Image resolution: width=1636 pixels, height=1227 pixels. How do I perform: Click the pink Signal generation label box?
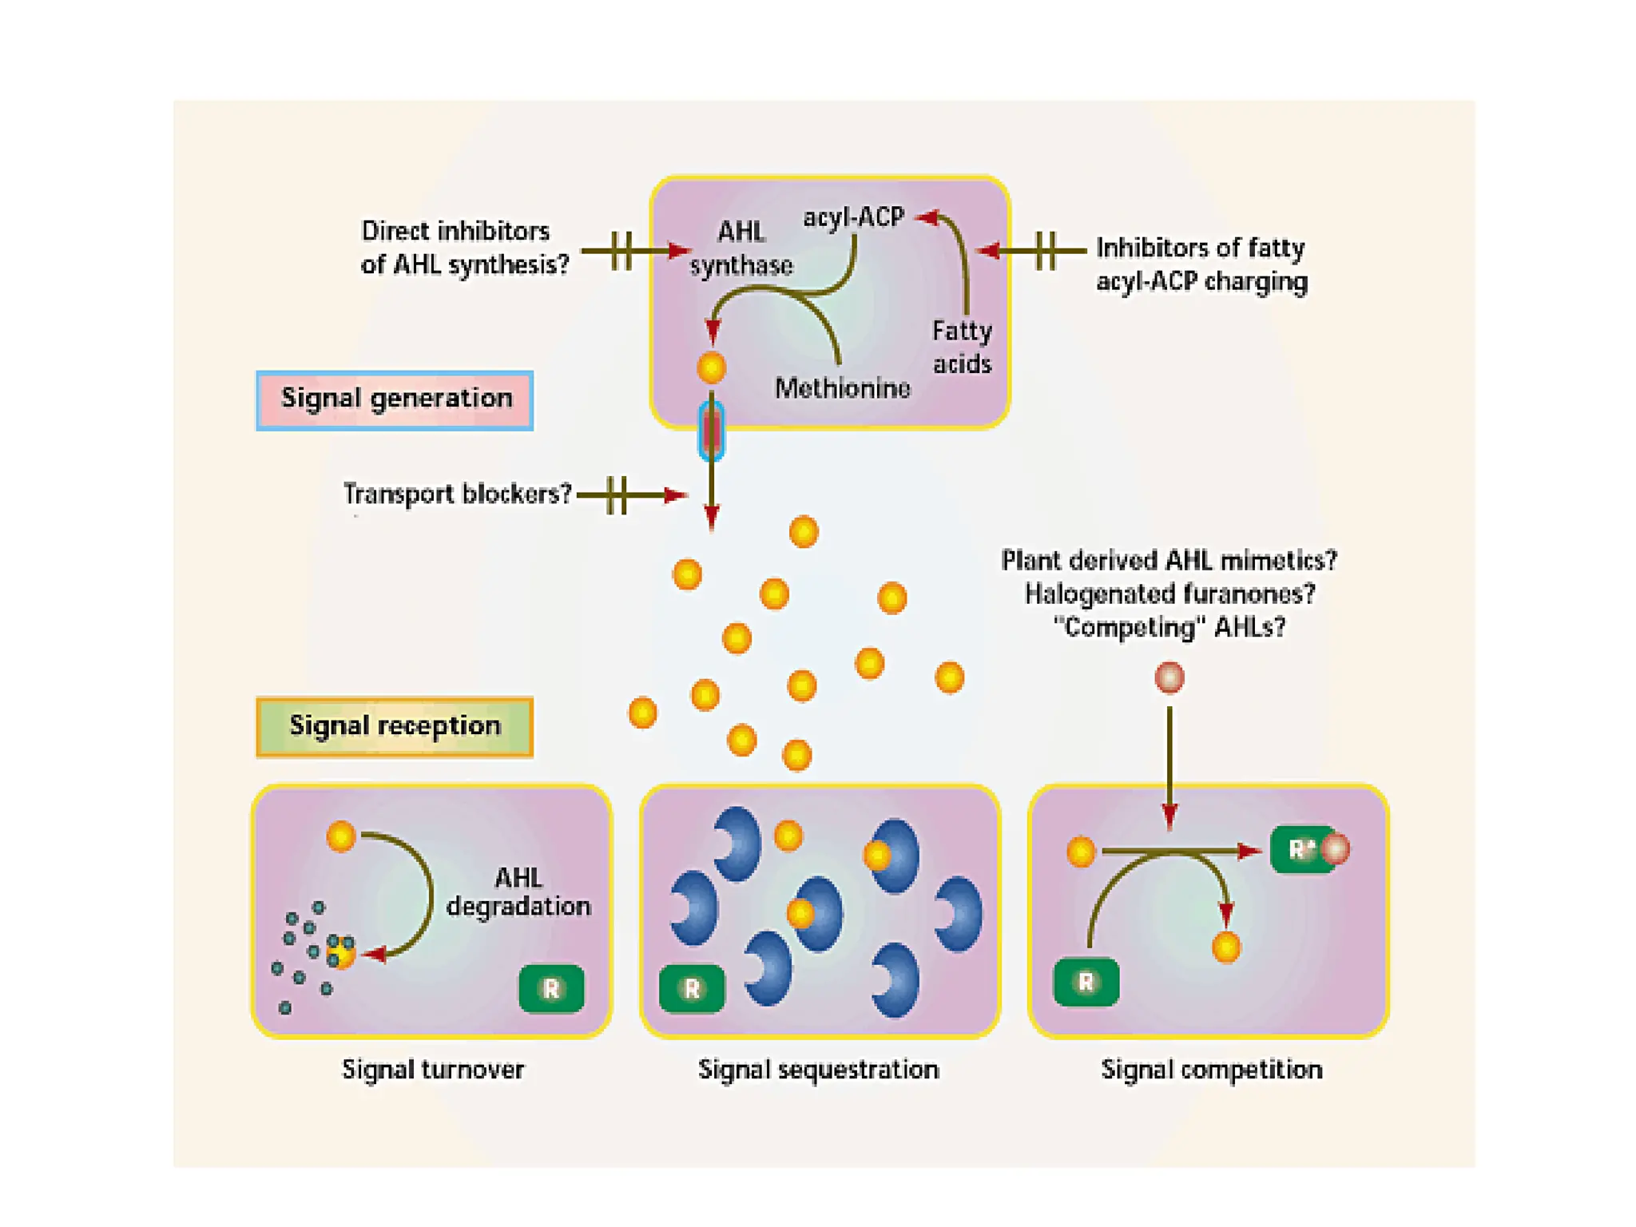click(x=395, y=400)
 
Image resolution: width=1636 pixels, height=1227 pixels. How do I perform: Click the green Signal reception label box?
click(x=395, y=726)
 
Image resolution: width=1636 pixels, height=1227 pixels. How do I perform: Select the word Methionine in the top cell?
click(x=842, y=388)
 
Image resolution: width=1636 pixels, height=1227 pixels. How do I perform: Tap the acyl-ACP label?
click(x=853, y=217)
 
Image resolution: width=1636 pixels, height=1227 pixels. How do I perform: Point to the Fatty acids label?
click(x=962, y=347)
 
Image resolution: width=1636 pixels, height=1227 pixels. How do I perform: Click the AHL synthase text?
click(x=741, y=248)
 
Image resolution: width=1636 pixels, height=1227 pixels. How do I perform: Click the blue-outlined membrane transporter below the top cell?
click(x=711, y=431)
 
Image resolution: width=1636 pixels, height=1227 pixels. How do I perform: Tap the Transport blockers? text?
click(x=457, y=494)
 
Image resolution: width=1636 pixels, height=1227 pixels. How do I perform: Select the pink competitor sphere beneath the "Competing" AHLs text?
click(x=1169, y=677)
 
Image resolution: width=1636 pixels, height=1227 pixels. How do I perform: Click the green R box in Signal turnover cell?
click(x=551, y=989)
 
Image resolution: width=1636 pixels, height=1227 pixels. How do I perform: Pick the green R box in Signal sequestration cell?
click(x=692, y=989)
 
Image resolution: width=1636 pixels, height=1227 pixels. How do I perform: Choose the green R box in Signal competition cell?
click(x=1086, y=982)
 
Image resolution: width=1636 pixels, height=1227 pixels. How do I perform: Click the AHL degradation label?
click(x=518, y=892)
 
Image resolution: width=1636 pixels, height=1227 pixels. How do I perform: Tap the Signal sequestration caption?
click(x=818, y=1070)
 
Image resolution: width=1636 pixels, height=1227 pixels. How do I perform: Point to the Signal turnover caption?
click(x=433, y=1070)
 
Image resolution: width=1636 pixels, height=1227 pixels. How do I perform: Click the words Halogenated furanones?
click(x=1169, y=594)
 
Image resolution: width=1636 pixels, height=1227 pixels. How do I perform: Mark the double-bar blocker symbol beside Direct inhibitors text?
click(x=621, y=251)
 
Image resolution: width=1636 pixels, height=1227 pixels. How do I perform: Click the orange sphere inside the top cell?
click(x=711, y=367)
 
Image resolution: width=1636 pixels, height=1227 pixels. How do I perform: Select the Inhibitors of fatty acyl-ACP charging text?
click(x=1201, y=264)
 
